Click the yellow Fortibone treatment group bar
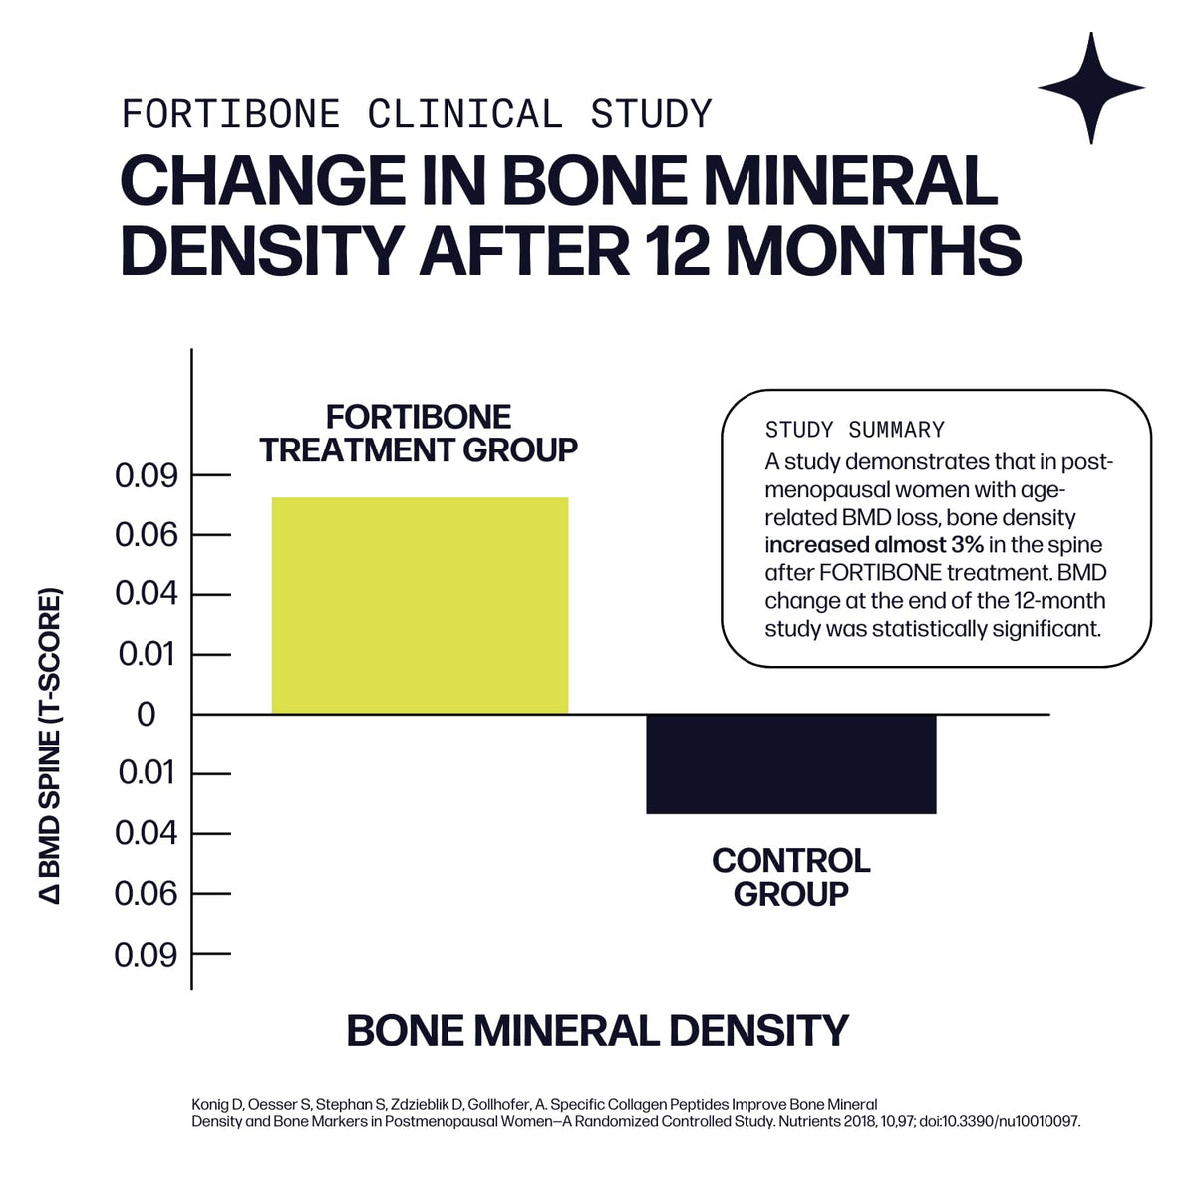[x=420, y=605]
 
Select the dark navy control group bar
[x=790, y=764]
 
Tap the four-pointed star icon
[x=1091, y=88]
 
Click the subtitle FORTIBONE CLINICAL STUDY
[x=417, y=114]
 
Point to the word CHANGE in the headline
[x=262, y=180]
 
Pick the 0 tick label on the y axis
[x=146, y=715]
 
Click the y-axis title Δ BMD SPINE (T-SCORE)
[x=50, y=746]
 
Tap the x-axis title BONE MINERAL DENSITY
[x=597, y=1030]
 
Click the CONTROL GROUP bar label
[x=790, y=877]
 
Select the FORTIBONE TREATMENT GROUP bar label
[x=419, y=434]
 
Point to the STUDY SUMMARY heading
[x=854, y=430]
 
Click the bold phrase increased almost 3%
[x=874, y=545]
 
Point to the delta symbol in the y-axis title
[x=50, y=894]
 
